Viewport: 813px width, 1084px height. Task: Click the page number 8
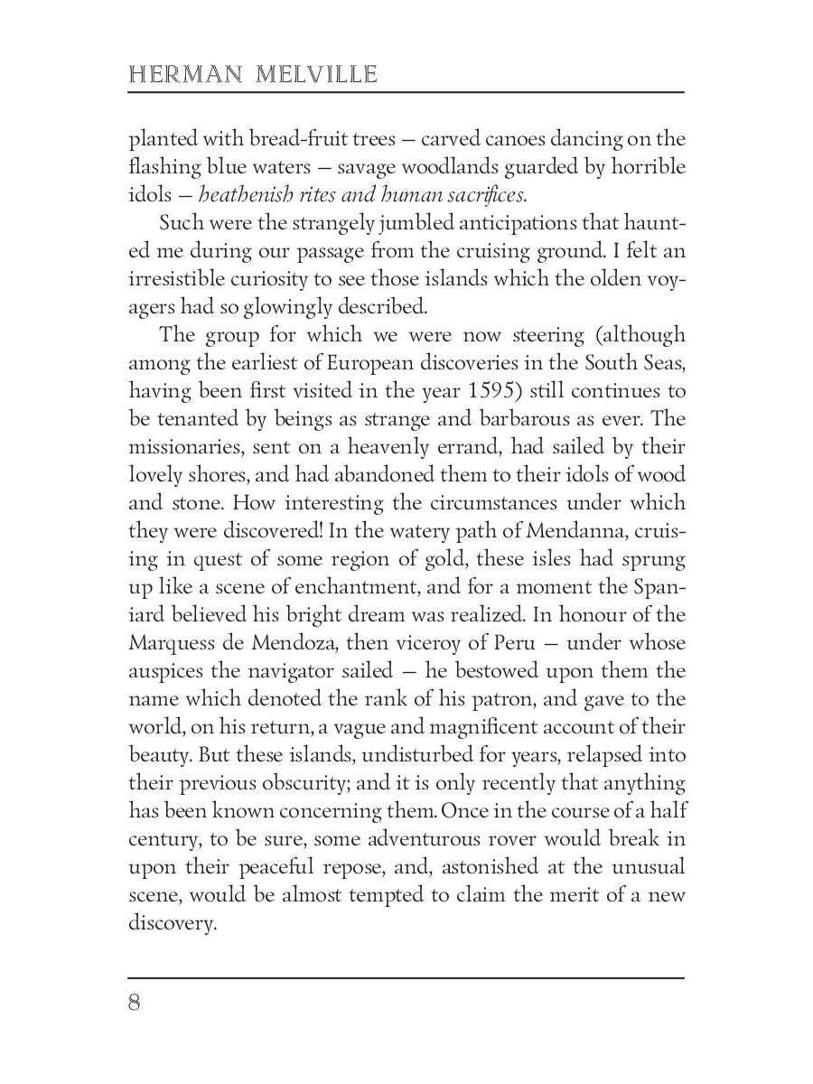[135, 1003]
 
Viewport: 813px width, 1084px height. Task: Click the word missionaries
[187, 447]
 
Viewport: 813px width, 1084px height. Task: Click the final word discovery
[173, 923]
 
